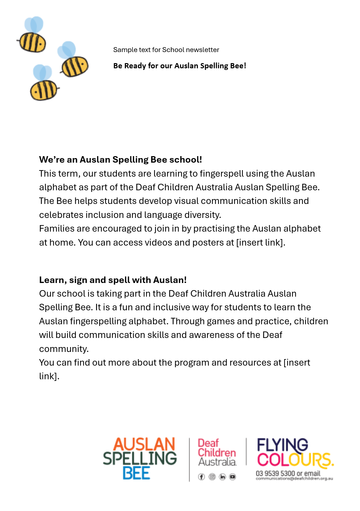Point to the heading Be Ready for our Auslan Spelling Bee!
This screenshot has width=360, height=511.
(179, 66)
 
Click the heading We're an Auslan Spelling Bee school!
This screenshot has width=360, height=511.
(120, 159)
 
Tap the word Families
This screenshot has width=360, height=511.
(57, 228)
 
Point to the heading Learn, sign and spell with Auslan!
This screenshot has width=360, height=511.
(113, 280)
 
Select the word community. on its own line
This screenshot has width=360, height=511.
(64, 349)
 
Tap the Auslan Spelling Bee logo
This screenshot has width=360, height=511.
(140, 459)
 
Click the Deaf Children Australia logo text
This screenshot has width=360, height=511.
(217, 452)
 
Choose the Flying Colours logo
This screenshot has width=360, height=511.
(295, 452)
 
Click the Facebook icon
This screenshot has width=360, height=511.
(201, 477)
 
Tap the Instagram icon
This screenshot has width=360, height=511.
(212, 477)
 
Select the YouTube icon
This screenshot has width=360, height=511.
(232, 477)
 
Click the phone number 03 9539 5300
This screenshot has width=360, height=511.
(275, 473)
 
